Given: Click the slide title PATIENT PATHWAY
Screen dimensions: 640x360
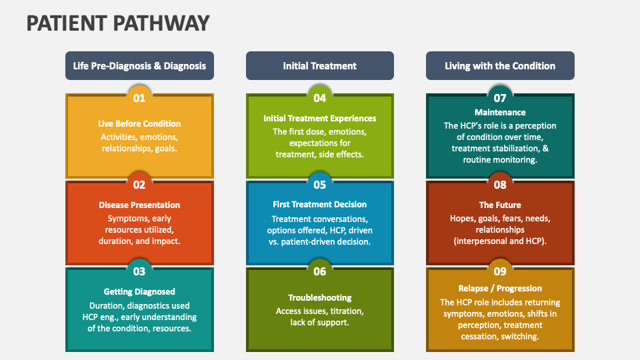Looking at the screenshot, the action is [118, 23].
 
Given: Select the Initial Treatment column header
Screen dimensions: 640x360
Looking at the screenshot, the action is [319, 66].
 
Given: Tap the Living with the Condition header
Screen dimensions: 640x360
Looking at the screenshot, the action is [500, 66].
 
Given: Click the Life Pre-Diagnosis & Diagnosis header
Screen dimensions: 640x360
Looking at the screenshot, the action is [139, 66].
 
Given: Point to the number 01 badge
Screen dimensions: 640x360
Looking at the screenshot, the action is [139, 98].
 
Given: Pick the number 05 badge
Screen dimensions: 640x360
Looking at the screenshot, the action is [319, 185].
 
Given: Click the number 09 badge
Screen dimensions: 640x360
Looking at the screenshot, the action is [500, 271].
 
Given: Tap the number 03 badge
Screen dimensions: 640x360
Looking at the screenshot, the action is [139, 271].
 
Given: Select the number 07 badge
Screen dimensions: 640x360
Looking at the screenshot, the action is [500, 98].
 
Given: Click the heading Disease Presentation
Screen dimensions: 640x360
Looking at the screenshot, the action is [139, 205].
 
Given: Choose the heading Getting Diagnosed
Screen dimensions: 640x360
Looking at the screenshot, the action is [139, 291].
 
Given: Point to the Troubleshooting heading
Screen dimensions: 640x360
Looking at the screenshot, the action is [319, 297].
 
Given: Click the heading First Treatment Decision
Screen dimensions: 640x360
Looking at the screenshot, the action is [319, 204].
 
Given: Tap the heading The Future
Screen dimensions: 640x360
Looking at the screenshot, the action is [500, 205].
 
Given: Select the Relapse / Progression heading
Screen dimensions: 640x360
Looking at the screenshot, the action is [500, 288].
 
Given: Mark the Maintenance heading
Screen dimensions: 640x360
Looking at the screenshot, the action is [500, 112].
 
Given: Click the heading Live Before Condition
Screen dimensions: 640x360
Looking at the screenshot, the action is [139, 124].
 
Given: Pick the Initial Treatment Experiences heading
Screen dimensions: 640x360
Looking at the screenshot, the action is [319, 119].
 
